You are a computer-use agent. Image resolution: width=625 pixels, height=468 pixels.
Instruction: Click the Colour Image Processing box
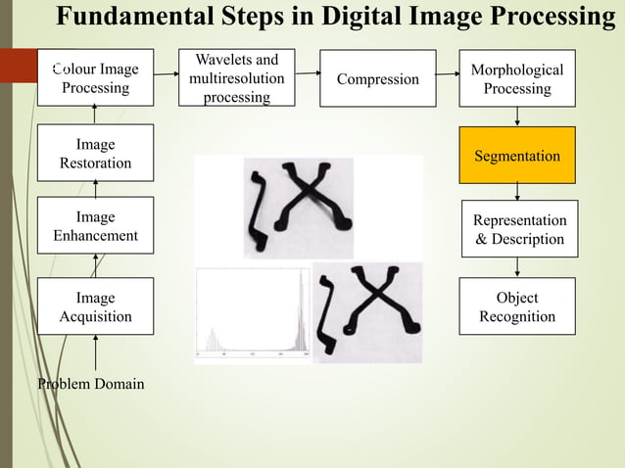(95, 78)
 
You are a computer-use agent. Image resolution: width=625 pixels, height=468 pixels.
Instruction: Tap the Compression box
(377, 79)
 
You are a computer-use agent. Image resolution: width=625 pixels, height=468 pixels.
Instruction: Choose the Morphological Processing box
(516, 79)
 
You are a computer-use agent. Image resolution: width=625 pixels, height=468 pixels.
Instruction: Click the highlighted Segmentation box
(516, 156)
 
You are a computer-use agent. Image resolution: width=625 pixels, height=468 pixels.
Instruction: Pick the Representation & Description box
(519, 229)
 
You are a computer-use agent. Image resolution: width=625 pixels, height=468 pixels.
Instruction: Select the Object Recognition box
(516, 306)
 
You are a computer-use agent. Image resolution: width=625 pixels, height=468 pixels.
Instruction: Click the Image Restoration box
(95, 154)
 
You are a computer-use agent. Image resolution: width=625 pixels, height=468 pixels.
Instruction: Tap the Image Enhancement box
(95, 226)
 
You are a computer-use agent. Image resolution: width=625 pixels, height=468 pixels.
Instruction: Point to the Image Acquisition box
(95, 306)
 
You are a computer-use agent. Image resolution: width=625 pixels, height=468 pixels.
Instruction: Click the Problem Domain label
(91, 384)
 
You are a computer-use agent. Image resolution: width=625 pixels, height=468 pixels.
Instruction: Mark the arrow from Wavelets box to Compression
(309, 72)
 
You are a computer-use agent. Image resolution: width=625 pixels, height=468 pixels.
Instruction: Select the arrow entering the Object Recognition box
(516, 267)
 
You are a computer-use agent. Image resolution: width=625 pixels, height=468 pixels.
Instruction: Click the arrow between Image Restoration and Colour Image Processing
(95, 114)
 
